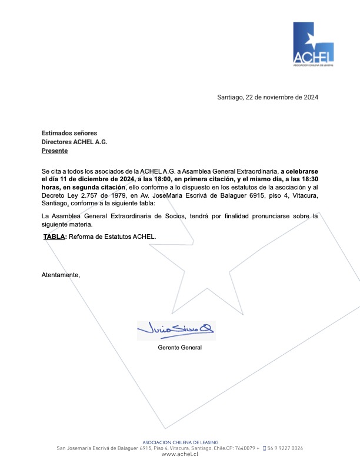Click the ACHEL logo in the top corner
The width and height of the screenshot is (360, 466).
[x=313, y=45]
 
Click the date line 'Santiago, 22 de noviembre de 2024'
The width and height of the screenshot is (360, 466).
[x=268, y=97]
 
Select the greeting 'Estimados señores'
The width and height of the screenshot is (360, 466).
[x=69, y=133]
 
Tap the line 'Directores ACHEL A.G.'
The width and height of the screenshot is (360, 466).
[x=74, y=142]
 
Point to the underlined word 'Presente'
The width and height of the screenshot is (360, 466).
[x=54, y=151]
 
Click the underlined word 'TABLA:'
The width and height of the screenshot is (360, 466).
[x=55, y=237]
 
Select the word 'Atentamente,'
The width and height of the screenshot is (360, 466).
[x=60, y=275]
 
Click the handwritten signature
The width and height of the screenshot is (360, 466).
[x=176, y=329]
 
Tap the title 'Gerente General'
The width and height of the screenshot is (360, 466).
[x=180, y=348]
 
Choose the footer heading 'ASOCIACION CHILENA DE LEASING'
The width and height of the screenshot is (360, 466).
[x=181, y=442]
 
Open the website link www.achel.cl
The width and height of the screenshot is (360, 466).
[x=179, y=454]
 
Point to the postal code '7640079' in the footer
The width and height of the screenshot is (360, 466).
[x=241, y=448]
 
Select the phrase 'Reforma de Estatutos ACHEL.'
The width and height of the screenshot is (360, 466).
[x=112, y=237]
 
